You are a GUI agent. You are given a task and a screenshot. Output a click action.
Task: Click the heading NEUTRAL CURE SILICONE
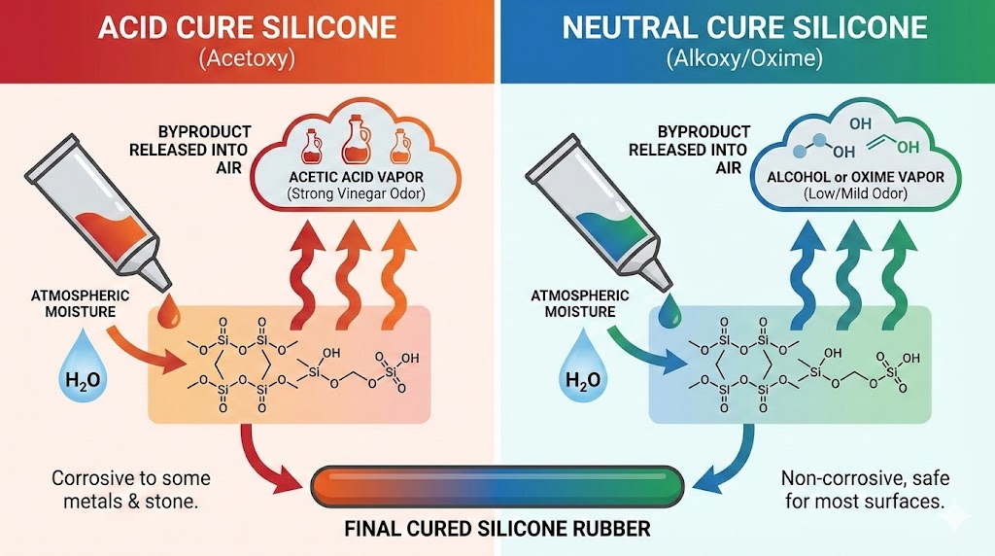(745, 26)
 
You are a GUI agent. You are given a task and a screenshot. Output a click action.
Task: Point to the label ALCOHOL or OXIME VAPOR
(841, 177)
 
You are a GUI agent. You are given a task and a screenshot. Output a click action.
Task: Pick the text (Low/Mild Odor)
(841, 194)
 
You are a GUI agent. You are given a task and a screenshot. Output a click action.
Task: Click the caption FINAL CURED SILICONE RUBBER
(497, 530)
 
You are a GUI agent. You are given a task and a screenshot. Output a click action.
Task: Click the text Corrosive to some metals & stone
(130, 490)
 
